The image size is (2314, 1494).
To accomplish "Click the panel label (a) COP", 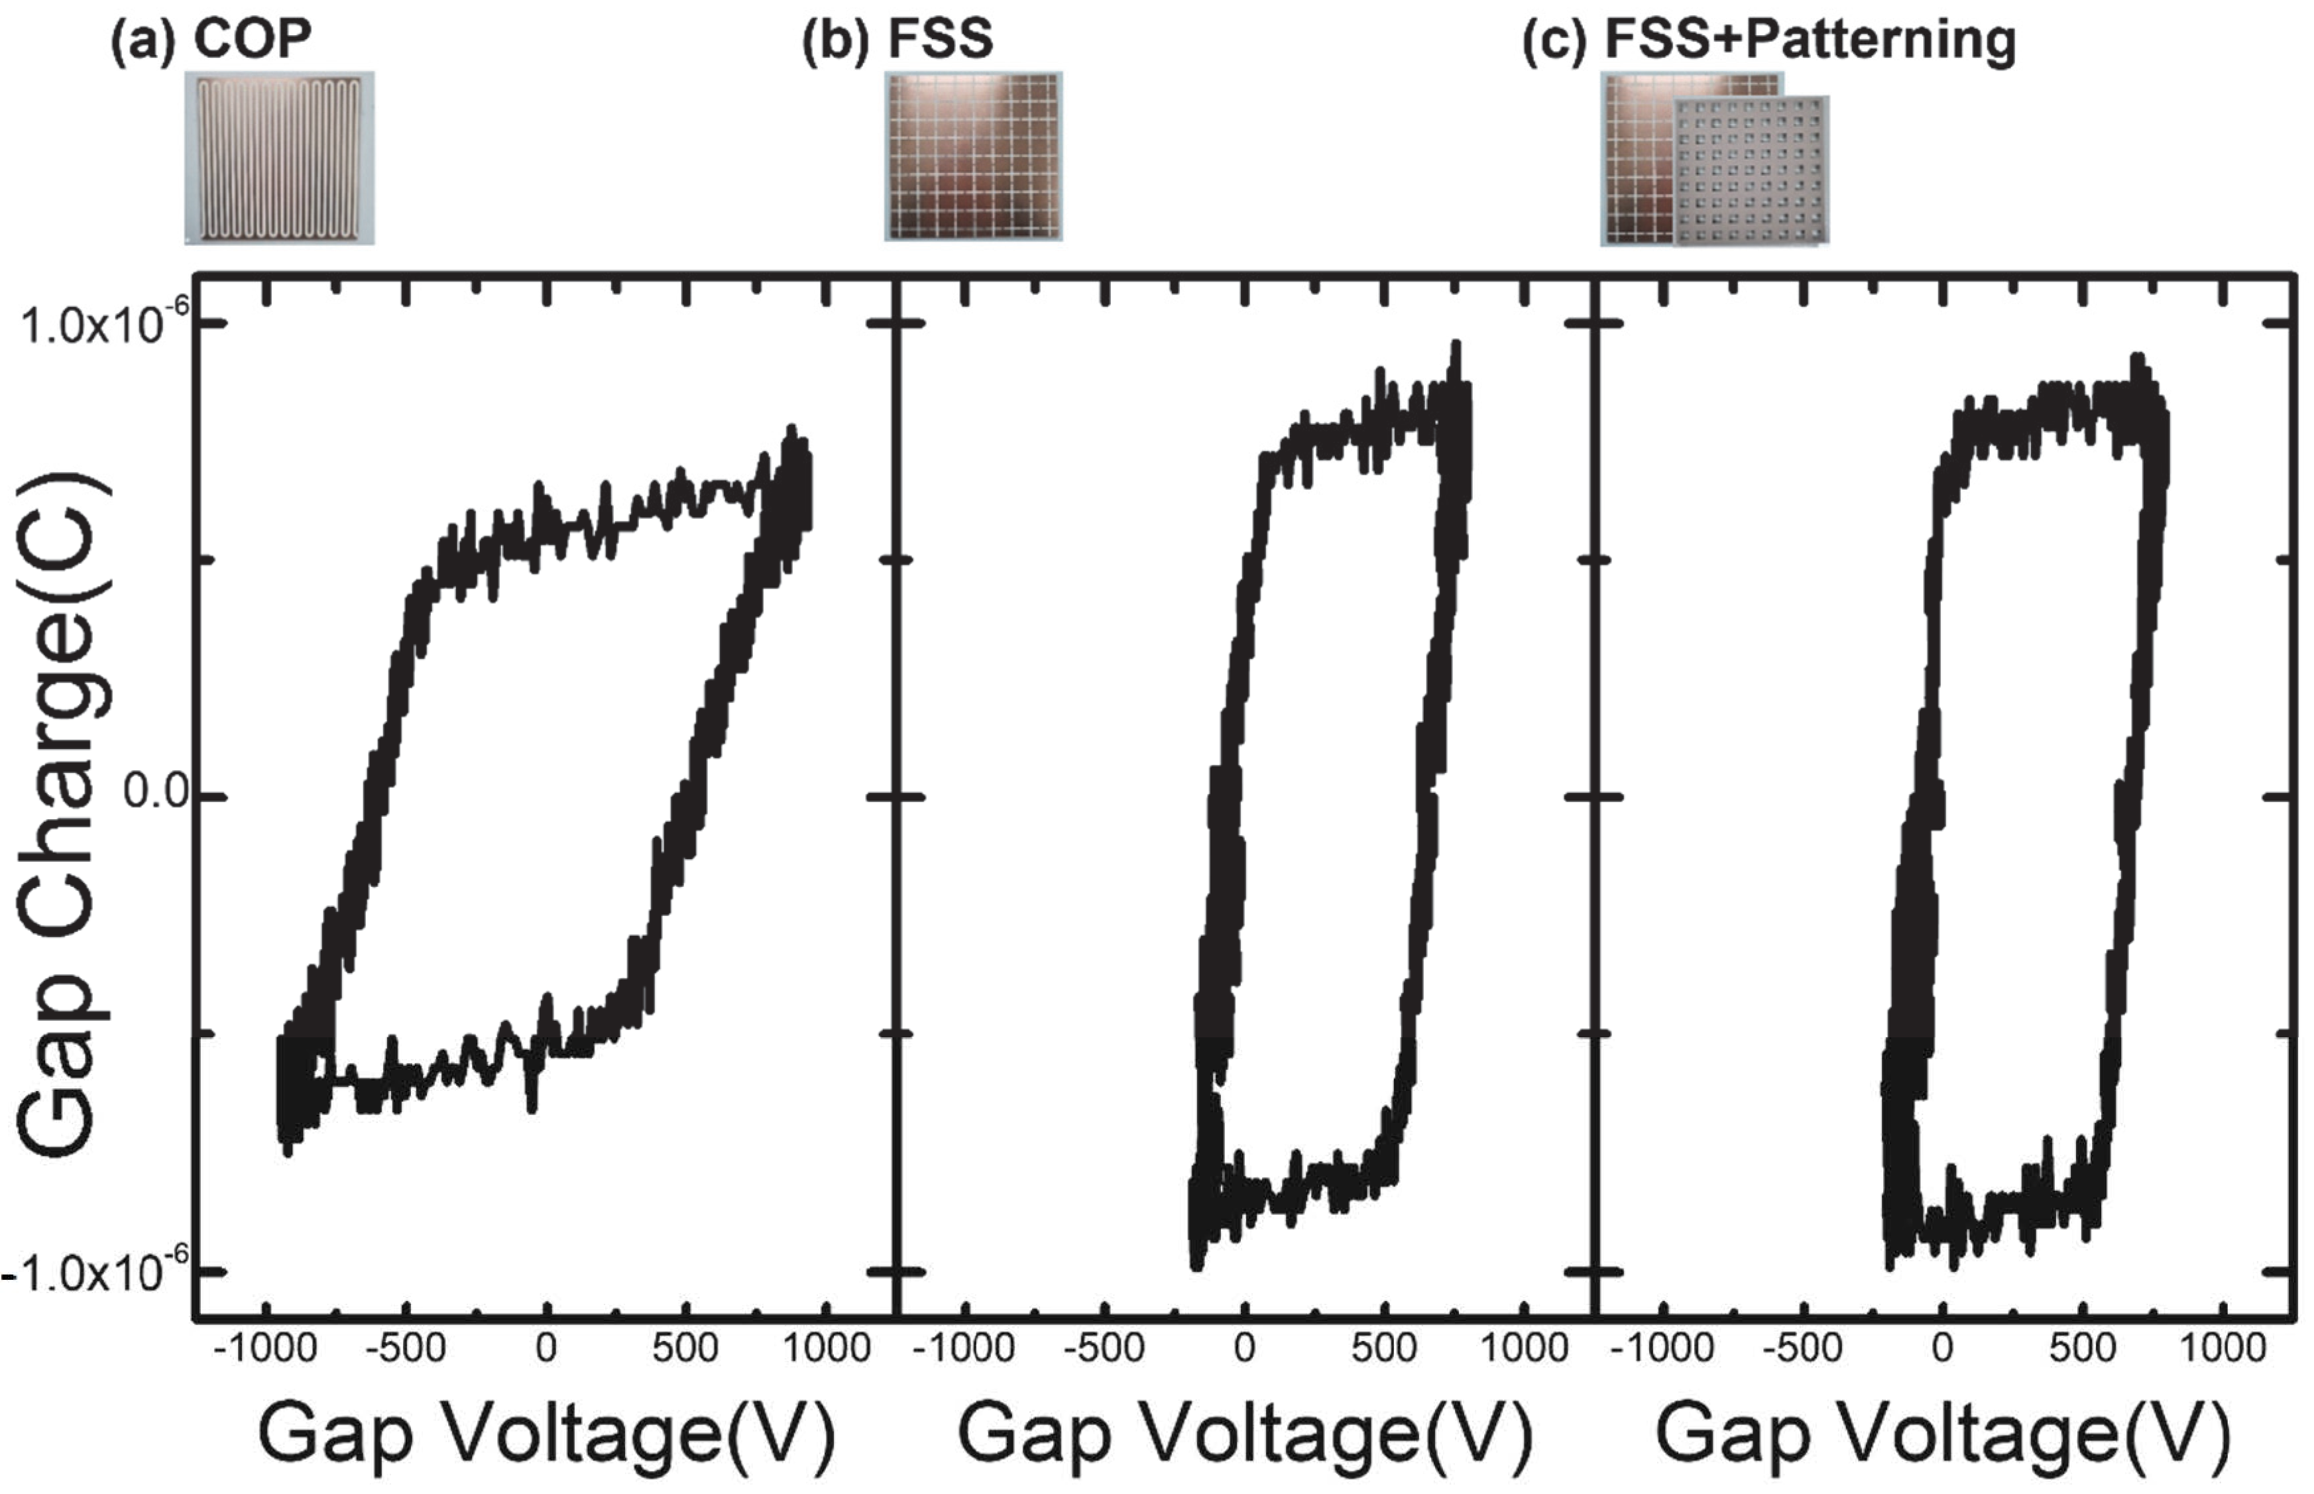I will tap(211, 40).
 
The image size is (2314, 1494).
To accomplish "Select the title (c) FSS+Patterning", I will tap(1768, 40).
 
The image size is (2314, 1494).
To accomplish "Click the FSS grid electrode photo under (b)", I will tap(973, 156).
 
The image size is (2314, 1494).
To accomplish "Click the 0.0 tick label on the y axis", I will tap(155, 793).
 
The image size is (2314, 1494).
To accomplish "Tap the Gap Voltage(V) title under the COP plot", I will tap(546, 1434).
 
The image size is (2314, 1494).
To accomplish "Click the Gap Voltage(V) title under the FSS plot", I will tap(1245, 1434).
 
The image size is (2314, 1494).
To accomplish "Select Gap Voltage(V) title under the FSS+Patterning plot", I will tap(1942, 1434).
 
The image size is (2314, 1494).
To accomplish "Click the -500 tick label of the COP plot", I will tap(406, 1348).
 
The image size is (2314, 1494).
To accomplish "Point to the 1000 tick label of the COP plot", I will tap(826, 1348).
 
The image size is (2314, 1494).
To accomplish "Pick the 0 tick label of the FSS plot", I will tap(1244, 1348).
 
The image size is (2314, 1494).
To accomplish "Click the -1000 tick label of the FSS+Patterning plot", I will tap(1661, 1348).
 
